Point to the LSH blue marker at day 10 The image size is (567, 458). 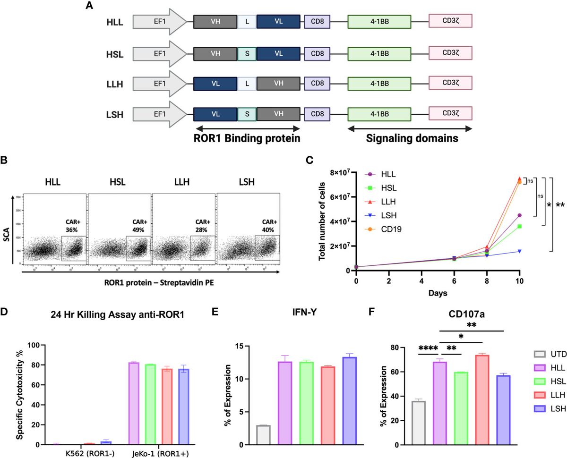click(x=519, y=251)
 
